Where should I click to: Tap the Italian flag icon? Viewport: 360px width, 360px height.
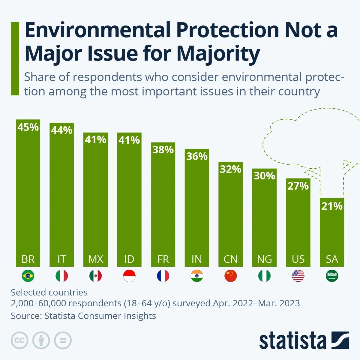pyautogui.click(x=62, y=276)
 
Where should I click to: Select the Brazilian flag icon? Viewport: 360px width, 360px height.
pyautogui.click(x=28, y=276)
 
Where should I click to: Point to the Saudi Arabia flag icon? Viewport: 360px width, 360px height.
pyautogui.click(x=332, y=276)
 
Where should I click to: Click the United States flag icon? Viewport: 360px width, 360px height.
pyautogui.click(x=298, y=276)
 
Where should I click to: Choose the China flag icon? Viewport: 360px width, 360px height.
pyautogui.click(x=230, y=276)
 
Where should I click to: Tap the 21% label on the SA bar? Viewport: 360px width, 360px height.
pyautogui.click(x=332, y=206)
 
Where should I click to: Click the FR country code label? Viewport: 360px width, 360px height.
pyautogui.click(x=163, y=259)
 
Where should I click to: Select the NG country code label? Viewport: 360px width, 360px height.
pyautogui.click(x=264, y=259)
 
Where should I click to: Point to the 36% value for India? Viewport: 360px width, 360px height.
pyautogui.click(x=197, y=156)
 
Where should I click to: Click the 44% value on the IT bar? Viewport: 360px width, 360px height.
pyautogui.click(x=62, y=130)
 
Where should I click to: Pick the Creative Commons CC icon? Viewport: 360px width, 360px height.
pyautogui.click(x=20, y=340)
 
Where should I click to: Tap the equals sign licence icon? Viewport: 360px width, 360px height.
pyautogui.click(x=63, y=340)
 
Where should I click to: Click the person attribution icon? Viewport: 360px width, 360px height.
pyautogui.click(x=41, y=340)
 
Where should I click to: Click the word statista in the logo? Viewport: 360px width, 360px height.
pyautogui.click(x=293, y=341)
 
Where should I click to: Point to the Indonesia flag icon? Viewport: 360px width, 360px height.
pyautogui.click(x=129, y=276)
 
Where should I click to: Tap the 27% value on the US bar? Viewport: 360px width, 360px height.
pyautogui.click(x=298, y=186)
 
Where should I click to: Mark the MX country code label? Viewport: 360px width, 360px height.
pyautogui.click(x=96, y=259)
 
